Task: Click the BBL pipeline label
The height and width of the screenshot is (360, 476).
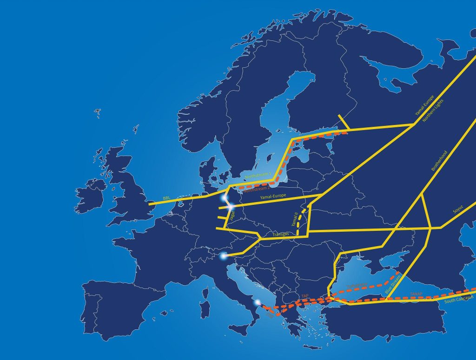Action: [166, 198]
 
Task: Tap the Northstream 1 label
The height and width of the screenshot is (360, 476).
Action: [258, 176]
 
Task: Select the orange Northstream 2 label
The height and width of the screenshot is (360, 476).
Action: [256, 189]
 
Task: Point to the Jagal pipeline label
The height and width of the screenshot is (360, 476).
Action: [232, 215]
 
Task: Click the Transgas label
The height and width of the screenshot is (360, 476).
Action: [283, 236]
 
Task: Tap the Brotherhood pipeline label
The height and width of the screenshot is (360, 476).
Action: [439, 161]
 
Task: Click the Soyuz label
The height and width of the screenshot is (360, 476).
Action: [459, 211]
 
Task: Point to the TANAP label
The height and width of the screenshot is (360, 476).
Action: [416, 294]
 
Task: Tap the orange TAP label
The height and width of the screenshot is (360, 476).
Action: [305, 295]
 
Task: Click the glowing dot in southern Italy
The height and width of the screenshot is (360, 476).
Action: [258, 302]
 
